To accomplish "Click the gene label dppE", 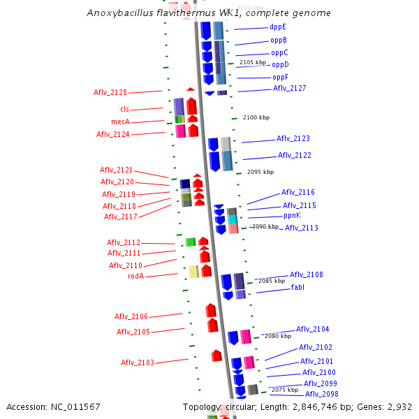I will [277, 27].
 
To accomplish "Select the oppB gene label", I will [279, 40].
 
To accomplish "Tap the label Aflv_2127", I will [289, 88].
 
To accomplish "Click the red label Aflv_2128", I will [110, 92].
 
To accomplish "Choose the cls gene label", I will [124, 109].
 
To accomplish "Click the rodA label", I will [135, 276].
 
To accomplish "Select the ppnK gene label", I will [292, 216].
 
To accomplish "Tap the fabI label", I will [297, 287].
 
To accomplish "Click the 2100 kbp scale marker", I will [256, 117].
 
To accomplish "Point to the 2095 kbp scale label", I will [260, 172].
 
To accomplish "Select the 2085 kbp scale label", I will [272, 281].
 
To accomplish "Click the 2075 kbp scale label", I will [284, 390].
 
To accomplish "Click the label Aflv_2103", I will [137, 362].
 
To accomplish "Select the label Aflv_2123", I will [293, 138].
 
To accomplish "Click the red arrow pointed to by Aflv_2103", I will [216, 355].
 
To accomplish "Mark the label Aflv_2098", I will [321, 394].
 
